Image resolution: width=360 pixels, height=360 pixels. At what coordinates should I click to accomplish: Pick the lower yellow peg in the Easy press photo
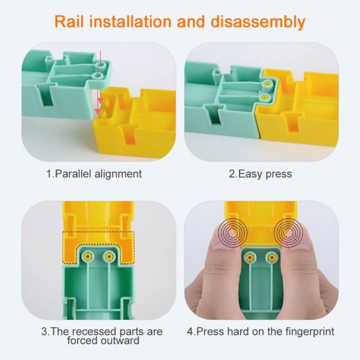pos(264,97)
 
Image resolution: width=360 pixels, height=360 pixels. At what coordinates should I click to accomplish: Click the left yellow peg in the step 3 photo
pos(89,256)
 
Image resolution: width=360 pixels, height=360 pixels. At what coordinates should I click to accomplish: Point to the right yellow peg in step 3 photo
pos(109,256)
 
